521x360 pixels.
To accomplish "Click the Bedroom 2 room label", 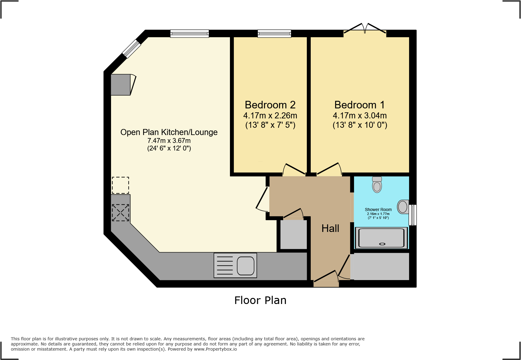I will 270,105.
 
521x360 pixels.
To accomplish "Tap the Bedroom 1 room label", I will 359,105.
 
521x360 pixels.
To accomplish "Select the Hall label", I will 330,228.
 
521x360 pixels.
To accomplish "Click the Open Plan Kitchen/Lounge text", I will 169,132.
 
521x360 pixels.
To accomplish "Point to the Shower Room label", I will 378,210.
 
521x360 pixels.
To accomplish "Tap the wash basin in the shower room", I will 403,207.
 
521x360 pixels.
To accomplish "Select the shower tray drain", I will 382,244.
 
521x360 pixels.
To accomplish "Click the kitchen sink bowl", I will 245,266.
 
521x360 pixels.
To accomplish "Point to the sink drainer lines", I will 225,266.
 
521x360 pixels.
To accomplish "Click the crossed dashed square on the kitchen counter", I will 120,213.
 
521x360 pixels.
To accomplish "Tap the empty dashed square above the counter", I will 120,185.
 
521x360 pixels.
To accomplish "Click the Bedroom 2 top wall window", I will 274,33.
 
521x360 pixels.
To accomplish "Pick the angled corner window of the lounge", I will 132,49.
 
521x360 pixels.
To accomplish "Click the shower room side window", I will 413,215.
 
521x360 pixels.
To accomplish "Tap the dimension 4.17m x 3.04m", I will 359,116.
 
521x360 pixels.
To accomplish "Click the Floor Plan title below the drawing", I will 260,300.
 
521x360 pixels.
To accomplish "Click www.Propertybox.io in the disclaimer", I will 215,349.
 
